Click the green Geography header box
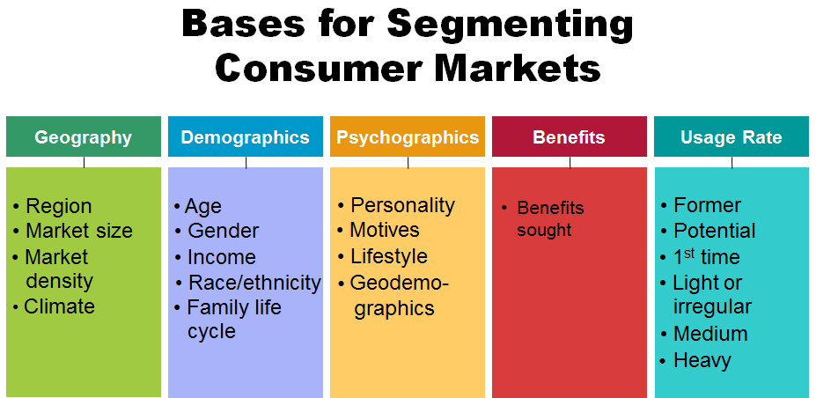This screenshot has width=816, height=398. point(84,137)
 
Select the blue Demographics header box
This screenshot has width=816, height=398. point(246,137)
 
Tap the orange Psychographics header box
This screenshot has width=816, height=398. point(408,137)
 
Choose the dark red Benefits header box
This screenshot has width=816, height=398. point(569,137)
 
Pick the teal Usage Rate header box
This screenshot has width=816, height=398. point(731,137)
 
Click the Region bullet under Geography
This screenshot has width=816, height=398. point(58,206)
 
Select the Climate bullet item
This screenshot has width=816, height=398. point(59,306)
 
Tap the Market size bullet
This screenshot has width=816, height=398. point(78,231)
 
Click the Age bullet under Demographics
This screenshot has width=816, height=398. point(202,206)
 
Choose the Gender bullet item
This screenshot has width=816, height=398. point(223,231)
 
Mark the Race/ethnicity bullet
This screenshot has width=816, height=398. point(254,283)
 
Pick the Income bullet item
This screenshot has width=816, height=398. point(221,257)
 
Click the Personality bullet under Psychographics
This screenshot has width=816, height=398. point(402,205)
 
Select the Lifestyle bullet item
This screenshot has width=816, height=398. point(388,256)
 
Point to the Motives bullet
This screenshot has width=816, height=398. point(385,230)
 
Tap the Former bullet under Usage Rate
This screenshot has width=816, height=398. point(707,205)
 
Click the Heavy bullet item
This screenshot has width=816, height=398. point(702,360)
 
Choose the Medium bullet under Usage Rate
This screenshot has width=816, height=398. point(709,334)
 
